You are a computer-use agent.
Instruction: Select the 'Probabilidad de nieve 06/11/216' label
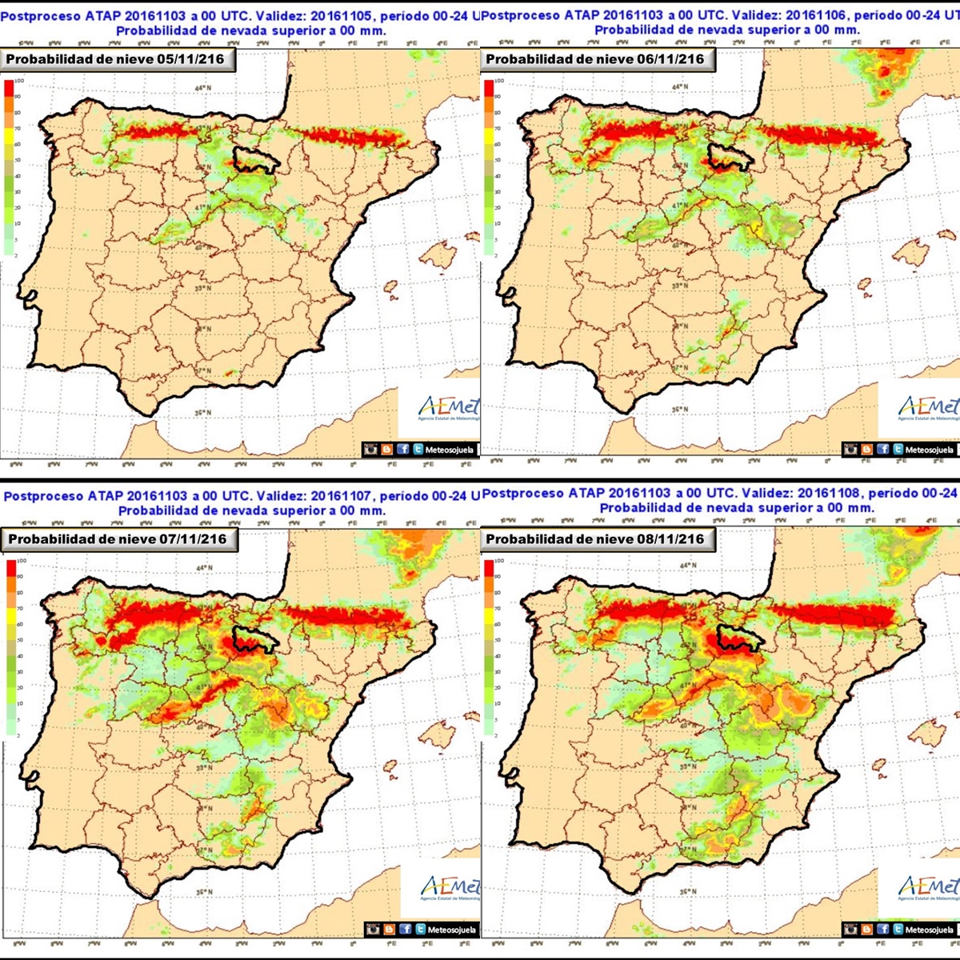(x=595, y=59)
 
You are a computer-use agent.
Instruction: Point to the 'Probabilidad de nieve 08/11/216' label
(x=595, y=539)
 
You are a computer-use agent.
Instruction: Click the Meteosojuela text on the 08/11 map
(x=929, y=930)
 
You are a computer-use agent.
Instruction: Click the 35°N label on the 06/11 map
(x=680, y=410)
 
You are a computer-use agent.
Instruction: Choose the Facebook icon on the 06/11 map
(x=882, y=450)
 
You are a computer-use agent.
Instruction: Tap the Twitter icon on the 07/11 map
(x=419, y=930)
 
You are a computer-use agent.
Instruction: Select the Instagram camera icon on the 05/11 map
(x=371, y=450)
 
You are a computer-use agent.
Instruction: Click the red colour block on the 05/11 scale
(x=9, y=89)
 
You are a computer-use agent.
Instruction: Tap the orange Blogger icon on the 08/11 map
(x=867, y=930)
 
